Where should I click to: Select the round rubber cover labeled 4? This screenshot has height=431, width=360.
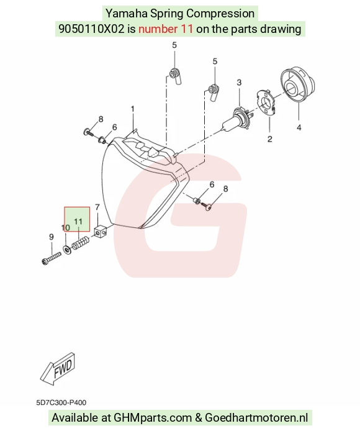coord(297,84)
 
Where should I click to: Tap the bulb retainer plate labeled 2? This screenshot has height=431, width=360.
coord(266,102)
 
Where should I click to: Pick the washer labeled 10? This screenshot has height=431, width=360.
coord(67,249)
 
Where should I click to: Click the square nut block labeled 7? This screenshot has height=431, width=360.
coord(101,231)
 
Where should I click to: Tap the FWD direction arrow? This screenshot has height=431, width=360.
coord(58,369)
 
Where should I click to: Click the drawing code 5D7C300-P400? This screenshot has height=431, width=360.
coord(61,402)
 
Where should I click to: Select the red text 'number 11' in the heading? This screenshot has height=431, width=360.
coord(166,29)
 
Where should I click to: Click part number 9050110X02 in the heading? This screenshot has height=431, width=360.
coord(91,29)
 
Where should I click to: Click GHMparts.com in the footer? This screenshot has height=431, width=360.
coord(153,418)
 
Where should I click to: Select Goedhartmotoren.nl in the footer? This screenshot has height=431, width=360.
coord(256,418)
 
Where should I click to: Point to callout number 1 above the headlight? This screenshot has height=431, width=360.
coord(132,109)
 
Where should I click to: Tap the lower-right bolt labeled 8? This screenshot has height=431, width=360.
coord(206,205)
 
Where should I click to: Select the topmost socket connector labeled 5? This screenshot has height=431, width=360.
coord(176,75)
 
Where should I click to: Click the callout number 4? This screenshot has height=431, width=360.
coord(299,127)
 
